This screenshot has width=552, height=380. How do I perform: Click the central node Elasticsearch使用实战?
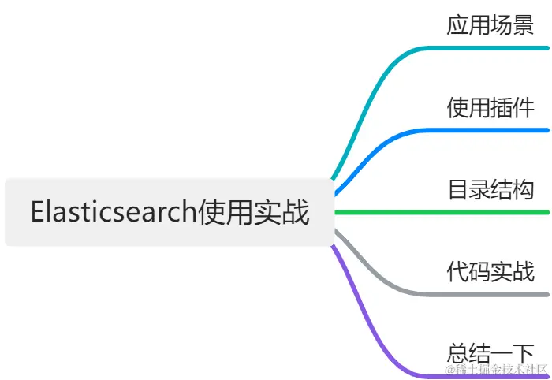[170, 212]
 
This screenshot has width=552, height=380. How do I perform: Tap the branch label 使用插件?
[490, 106]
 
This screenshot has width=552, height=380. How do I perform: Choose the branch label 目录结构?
[490, 189]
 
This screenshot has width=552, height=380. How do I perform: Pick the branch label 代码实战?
[490, 271]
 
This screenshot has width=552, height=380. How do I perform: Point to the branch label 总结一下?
[490, 352]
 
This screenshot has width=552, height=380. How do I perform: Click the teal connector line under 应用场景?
[489, 48]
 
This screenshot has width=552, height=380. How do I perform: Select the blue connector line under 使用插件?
[489, 130]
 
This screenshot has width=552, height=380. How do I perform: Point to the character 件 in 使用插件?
[524, 106]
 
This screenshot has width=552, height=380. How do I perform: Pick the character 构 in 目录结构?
[524, 189]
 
